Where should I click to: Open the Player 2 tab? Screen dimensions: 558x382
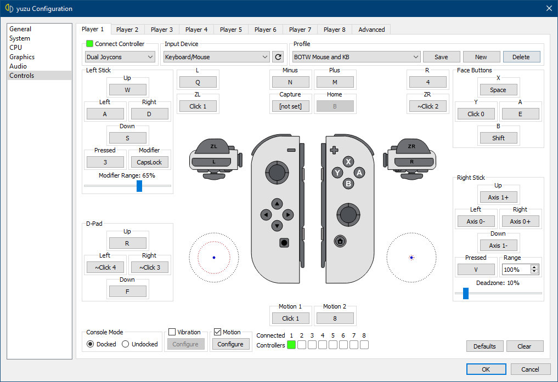pyautogui.click(x=127, y=30)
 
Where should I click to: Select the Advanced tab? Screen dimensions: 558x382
pyautogui.click(x=371, y=30)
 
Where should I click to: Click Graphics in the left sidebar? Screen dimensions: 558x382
pyautogui.click(x=22, y=57)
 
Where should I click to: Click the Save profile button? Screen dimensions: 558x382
pyautogui.click(x=441, y=57)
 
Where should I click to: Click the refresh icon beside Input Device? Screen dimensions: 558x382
pyautogui.click(x=278, y=57)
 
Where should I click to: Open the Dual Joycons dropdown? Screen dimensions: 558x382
pyautogui.click(x=120, y=57)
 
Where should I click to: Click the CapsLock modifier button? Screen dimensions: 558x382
pyautogui.click(x=149, y=162)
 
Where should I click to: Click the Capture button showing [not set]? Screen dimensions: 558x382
pyautogui.click(x=290, y=106)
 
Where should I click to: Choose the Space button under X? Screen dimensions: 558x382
pyautogui.click(x=498, y=90)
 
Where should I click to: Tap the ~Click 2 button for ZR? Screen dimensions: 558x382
pyautogui.click(x=428, y=106)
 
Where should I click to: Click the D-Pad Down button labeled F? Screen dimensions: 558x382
pyautogui.click(x=127, y=292)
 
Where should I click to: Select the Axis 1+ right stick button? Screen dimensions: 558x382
pyautogui.click(x=498, y=197)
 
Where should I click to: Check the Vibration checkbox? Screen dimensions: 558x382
pyautogui.click(x=172, y=332)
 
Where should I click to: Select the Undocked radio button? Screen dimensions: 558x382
pyautogui.click(x=125, y=344)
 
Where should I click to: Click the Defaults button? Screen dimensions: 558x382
pyautogui.click(x=484, y=346)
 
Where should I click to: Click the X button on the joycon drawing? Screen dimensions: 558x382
pyautogui.click(x=348, y=162)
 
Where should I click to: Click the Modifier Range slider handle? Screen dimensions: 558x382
pyautogui.click(x=139, y=186)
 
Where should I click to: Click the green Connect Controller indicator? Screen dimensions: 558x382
pyautogui.click(x=89, y=44)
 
